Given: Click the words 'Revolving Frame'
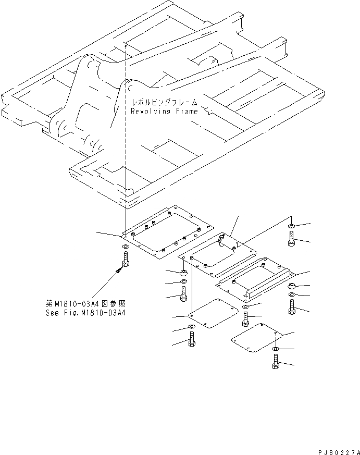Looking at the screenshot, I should click(164, 111).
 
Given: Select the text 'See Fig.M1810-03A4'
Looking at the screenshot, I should click(86, 313).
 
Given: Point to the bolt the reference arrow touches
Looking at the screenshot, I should click(125, 259).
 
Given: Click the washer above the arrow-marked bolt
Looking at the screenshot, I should click(125, 246).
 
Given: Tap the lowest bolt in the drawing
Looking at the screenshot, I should click(276, 361).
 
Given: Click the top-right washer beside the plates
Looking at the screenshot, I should click(291, 227).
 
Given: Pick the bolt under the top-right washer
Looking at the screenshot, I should click(291, 238).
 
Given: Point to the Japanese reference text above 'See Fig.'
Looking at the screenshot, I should click(86, 304).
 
